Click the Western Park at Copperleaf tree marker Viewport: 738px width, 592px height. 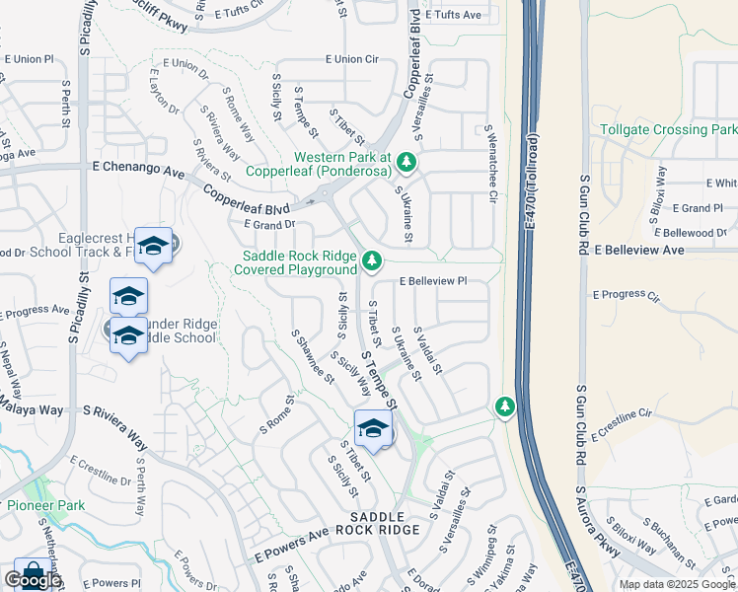click(x=406, y=161)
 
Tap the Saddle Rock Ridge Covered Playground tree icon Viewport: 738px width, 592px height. click(x=371, y=261)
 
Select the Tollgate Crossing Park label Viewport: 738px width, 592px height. click(x=668, y=129)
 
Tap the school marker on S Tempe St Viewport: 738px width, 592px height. click(x=373, y=429)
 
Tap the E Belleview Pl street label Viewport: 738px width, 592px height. click(x=432, y=281)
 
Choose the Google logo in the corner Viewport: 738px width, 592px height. click(x=33, y=580)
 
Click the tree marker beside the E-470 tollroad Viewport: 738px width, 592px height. click(x=504, y=407)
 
